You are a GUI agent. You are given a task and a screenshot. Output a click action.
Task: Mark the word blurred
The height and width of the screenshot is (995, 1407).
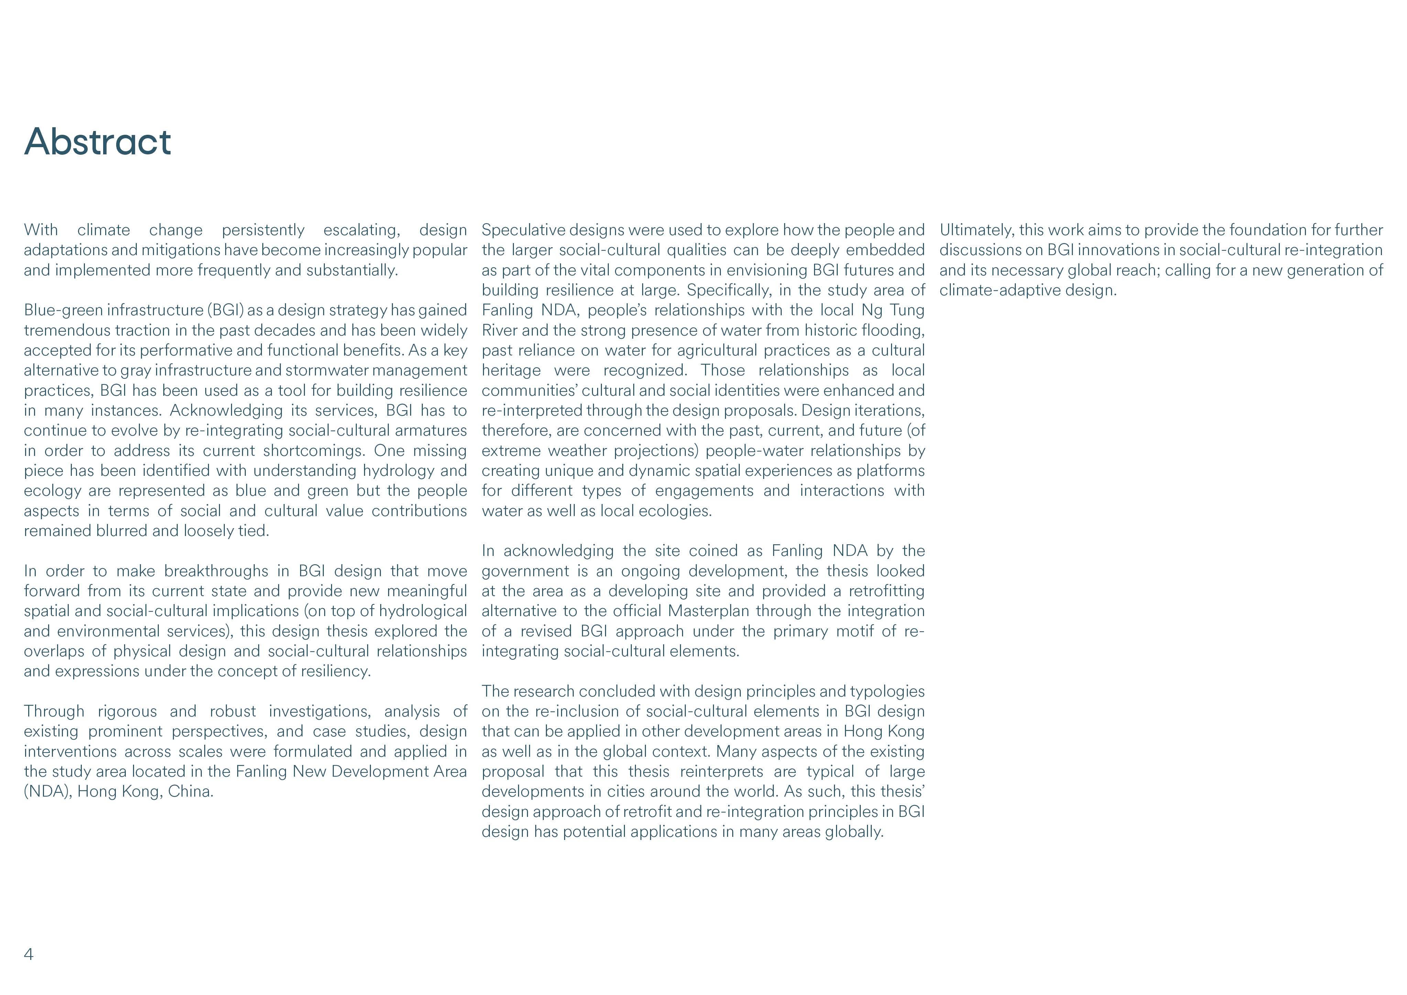click(121, 531)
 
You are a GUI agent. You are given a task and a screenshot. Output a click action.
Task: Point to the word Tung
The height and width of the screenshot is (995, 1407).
click(907, 310)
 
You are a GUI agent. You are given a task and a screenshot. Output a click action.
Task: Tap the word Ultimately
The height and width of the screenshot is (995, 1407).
click(976, 230)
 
